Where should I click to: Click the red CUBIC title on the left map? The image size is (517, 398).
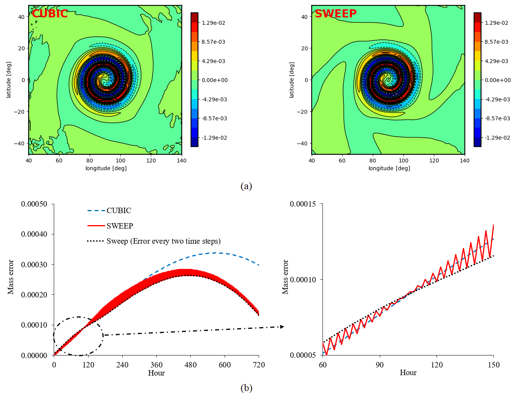(x=49, y=14)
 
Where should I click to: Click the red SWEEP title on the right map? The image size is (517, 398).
(x=335, y=14)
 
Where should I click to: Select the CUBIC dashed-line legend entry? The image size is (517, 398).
(x=119, y=210)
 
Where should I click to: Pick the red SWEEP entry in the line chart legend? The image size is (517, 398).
(x=119, y=226)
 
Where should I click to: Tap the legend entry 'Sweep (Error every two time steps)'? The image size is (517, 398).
(x=163, y=241)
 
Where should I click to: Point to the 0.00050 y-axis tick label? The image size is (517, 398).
(x=34, y=204)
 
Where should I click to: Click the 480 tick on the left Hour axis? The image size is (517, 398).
(x=190, y=365)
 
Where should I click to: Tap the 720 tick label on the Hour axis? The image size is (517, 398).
(x=259, y=365)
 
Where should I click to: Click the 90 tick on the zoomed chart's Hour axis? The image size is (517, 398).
(x=380, y=365)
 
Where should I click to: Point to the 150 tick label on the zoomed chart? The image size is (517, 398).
(x=493, y=365)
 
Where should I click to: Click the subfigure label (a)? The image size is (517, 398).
(x=246, y=186)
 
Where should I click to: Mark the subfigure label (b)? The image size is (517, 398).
(x=246, y=388)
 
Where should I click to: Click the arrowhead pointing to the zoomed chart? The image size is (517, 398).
(x=282, y=327)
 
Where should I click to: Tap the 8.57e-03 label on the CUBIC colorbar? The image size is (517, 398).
(x=213, y=42)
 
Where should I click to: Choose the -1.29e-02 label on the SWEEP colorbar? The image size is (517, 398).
(x=497, y=138)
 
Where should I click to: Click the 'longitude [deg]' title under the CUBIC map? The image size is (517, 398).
(x=106, y=168)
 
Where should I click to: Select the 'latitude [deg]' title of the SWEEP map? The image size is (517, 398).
(x=292, y=80)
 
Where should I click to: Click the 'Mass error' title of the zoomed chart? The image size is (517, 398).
(x=285, y=277)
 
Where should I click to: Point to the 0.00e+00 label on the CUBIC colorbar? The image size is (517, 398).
(x=215, y=80)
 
